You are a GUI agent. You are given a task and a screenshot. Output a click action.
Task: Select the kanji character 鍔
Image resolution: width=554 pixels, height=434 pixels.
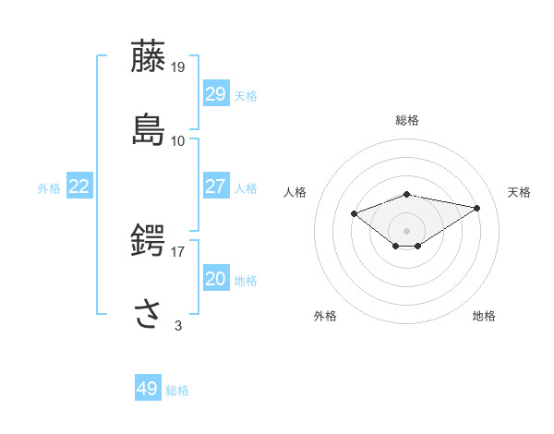click(x=150, y=240)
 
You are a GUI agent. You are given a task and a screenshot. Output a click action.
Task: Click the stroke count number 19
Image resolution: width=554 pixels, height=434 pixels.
click(x=179, y=66)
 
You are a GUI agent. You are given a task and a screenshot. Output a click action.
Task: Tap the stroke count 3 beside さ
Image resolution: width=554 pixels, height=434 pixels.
click(x=178, y=325)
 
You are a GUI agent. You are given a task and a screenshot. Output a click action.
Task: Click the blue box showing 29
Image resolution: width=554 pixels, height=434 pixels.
click(x=215, y=94)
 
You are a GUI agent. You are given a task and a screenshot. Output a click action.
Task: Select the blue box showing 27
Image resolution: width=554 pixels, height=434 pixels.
click(x=215, y=187)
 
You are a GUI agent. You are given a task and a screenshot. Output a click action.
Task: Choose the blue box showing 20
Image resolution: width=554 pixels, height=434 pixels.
click(x=215, y=279)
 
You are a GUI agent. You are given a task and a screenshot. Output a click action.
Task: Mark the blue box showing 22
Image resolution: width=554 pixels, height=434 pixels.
click(x=78, y=187)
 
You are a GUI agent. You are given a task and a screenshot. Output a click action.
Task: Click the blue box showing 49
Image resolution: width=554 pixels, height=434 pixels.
click(x=147, y=389)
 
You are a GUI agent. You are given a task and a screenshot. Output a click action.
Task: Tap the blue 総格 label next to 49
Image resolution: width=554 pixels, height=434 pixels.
click(x=177, y=391)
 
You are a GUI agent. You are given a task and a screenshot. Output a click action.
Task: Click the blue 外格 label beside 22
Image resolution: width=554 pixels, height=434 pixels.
click(x=49, y=188)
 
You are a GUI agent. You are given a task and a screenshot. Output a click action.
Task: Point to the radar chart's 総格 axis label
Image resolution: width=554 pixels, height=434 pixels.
click(x=407, y=120)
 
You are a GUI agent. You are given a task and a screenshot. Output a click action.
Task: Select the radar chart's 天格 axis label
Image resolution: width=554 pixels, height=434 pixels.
click(x=519, y=192)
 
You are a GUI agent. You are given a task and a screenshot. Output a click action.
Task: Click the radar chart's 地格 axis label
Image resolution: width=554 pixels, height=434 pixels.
click(x=484, y=316)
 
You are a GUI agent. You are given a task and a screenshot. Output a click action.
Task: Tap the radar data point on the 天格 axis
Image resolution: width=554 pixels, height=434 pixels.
click(x=477, y=208)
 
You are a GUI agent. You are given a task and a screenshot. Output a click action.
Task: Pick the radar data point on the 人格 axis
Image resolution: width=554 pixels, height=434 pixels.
click(x=355, y=213)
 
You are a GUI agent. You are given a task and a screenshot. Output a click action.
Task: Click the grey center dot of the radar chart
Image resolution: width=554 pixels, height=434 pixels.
click(x=407, y=230)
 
